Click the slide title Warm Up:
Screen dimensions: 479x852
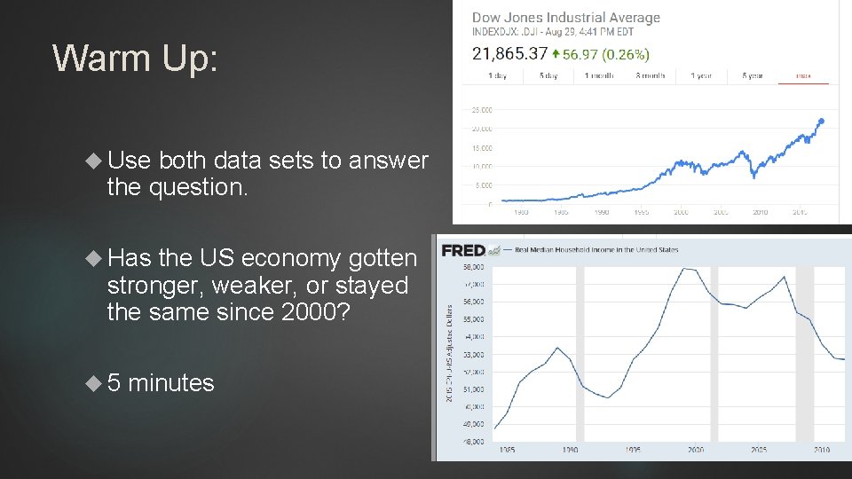tap(134, 59)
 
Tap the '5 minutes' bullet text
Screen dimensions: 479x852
tap(160, 383)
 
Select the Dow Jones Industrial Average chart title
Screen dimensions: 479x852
tap(566, 18)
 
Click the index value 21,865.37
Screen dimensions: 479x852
tap(509, 53)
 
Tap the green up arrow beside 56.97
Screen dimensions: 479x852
tap(556, 53)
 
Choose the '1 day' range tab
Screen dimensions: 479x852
tap(499, 76)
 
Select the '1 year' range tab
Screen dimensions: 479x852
tap(701, 76)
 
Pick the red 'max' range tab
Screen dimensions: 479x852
tap(803, 76)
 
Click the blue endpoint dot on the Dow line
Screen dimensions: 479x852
tap(822, 121)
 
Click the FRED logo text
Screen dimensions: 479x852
tap(463, 250)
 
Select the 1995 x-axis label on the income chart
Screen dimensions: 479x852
tap(633, 450)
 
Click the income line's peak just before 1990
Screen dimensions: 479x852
tap(557, 348)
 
